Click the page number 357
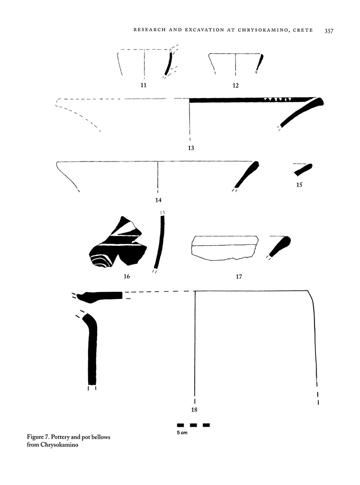[x=329, y=31]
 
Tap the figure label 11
[x=144, y=85]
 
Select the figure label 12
[x=235, y=86]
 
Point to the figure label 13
[x=190, y=148]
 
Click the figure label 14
[x=158, y=200]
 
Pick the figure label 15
[x=299, y=185]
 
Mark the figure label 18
[x=194, y=410]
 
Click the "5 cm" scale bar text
[x=182, y=434]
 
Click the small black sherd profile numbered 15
[x=303, y=170]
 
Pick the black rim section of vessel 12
[x=261, y=62]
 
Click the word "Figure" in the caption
[x=36, y=436]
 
